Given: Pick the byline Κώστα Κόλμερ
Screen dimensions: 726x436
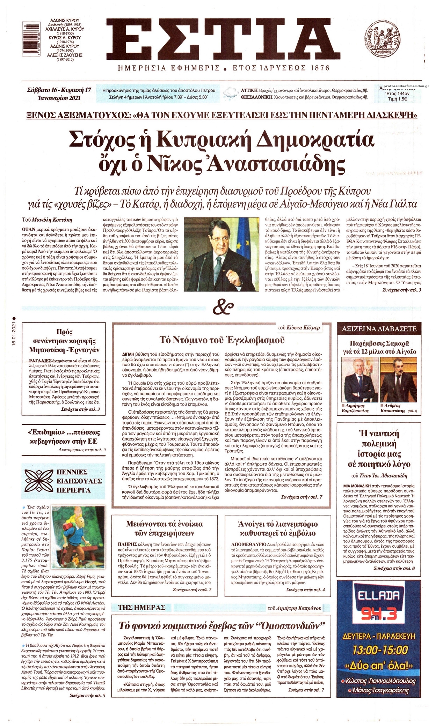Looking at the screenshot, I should tap(304, 328).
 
